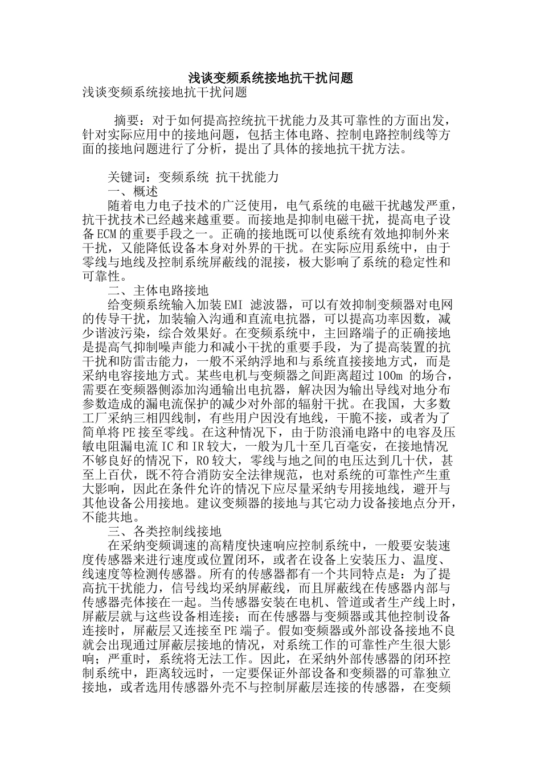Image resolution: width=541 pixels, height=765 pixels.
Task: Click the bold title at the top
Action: [270, 78]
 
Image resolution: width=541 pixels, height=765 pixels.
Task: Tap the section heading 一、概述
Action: [133, 191]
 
